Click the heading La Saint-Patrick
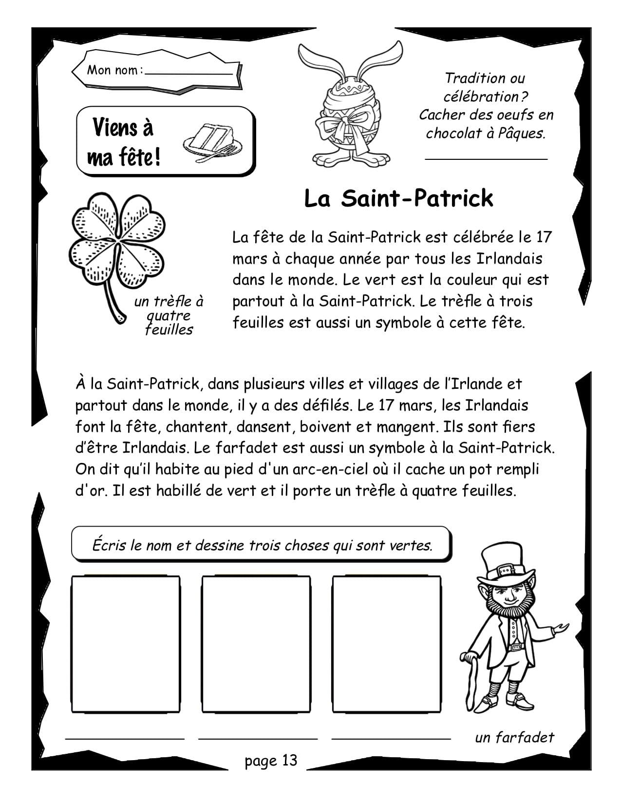398,199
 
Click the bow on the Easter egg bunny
347,124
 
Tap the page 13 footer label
271,761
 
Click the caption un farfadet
514,737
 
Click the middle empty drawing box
256,644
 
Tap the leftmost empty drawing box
125,644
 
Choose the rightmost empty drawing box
387,644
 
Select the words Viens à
123,128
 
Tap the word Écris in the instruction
109,545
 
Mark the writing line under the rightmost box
391,739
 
